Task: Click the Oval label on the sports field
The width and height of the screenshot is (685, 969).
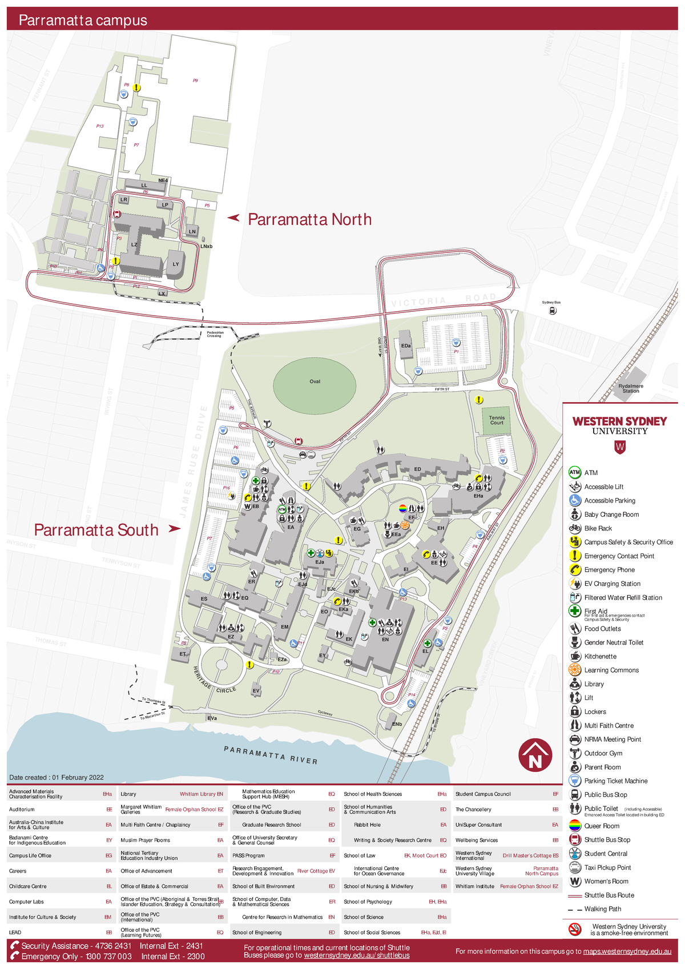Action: tap(315, 381)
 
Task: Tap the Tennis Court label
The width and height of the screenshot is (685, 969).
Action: tap(497, 420)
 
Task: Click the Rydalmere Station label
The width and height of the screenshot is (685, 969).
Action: tap(630, 389)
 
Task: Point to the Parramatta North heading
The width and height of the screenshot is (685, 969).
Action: tap(309, 219)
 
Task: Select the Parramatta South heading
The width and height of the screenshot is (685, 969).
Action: tap(96, 530)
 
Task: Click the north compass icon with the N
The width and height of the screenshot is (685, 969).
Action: tap(535, 755)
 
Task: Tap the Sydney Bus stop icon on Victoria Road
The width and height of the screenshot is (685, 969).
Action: tap(552, 311)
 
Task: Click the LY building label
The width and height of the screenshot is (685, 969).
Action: tap(176, 264)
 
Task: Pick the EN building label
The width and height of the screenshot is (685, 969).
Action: tap(385, 640)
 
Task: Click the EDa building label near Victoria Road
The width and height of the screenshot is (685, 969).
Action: tap(406, 346)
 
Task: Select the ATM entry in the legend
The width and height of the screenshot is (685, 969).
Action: tap(590, 473)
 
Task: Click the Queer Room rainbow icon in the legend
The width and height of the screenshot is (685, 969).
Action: tap(575, 826)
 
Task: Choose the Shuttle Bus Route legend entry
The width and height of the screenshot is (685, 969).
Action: tap(609, 895)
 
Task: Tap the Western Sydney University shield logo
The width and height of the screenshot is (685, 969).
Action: tap(620, 447)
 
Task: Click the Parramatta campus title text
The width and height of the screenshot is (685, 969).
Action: tap(83, 21)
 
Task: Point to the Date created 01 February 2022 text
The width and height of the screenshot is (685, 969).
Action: tap(57, 777)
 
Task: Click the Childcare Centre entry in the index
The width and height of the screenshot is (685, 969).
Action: tap(28, 886)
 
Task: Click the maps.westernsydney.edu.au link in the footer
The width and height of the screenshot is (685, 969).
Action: tap(627, 951)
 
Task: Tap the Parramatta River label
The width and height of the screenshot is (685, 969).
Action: tap(270, 755)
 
